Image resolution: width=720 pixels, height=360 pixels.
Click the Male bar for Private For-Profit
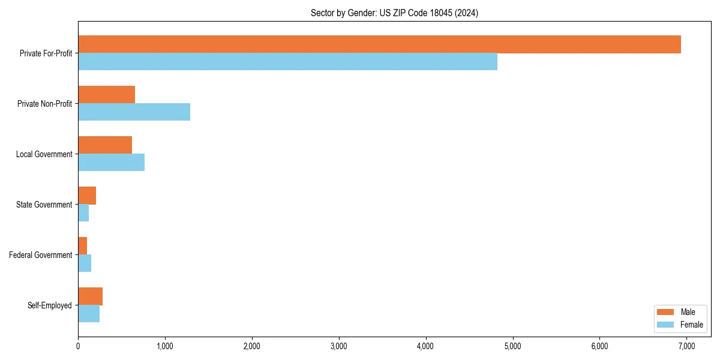[379, 44]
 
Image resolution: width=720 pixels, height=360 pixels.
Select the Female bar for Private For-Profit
[287, 62]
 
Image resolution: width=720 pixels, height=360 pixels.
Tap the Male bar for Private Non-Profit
[106, 95]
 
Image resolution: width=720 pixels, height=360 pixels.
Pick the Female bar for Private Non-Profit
[134, 112]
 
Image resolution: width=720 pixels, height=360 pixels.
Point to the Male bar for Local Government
[105, 145]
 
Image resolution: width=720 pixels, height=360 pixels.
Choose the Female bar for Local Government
[111, 163]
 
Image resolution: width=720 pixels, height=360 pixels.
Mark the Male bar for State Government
[87, 196]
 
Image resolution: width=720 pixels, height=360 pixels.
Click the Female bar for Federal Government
[85, 263]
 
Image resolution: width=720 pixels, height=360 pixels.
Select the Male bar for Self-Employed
[90, 296]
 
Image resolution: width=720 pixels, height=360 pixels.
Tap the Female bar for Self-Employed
[89, 314]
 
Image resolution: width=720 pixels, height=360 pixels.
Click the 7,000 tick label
[686, 346]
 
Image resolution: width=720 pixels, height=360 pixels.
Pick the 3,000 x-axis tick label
[339, 346]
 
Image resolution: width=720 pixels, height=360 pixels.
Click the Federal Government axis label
[41, 255]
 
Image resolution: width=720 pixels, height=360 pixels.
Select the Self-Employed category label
[50, 305]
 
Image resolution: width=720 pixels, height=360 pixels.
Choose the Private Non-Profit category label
[44, 104]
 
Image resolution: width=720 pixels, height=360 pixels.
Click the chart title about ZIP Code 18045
[394, 13]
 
